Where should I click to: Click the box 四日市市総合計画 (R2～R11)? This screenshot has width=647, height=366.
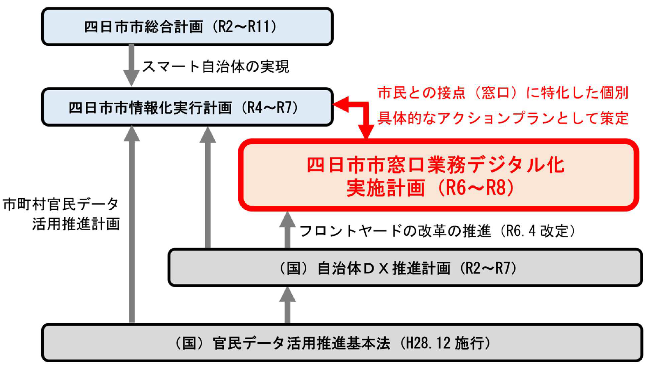[x=187, y=27]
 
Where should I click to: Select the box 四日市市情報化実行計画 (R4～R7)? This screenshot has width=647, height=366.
[x=187, y=107]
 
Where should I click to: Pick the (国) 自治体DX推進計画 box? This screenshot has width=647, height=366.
[x=405, y=268]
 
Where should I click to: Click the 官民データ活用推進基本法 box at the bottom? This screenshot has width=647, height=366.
[x=342, y=343]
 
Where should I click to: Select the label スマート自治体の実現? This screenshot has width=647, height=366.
[x=216, y=66]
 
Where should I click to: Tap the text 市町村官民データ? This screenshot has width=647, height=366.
[x=61, y=204]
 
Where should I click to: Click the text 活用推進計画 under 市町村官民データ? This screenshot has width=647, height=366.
[x=76, y=224]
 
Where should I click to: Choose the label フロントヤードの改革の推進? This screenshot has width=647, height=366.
[x=395, y=231]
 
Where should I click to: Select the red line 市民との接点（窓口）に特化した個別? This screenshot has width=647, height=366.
[x=503, y=93]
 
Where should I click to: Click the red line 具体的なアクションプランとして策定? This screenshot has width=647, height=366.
[x=503, y=118]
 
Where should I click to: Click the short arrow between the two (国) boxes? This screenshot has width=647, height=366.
[x=287, y=305]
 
